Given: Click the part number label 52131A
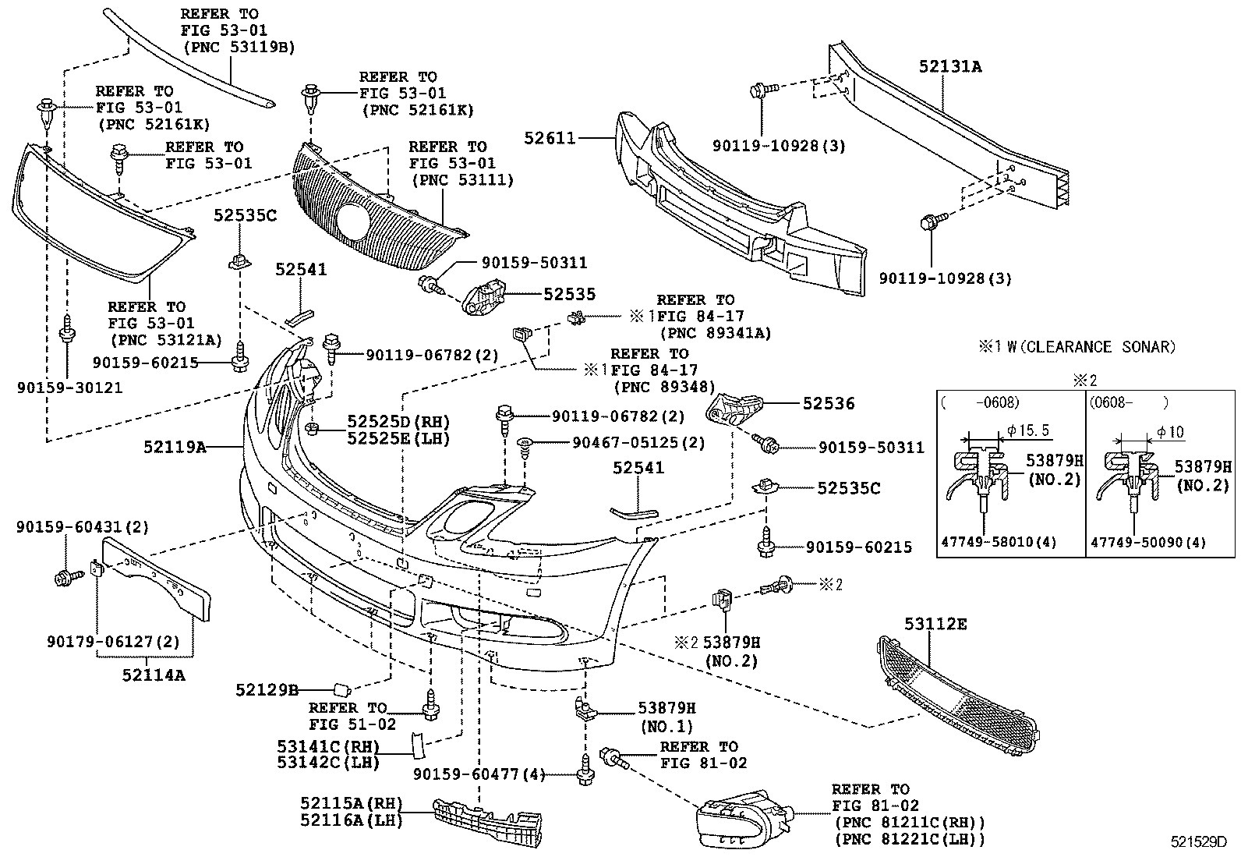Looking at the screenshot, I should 949,67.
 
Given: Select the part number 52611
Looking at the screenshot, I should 550,139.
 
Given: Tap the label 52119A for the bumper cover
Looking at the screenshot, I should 175,448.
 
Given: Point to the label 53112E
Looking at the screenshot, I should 935,624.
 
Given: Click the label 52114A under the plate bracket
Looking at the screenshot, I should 154,675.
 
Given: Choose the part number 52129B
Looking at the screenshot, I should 267,690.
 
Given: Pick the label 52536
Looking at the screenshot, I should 829,403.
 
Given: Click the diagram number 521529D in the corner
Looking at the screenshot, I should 1198,842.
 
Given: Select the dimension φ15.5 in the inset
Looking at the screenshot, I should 1027,430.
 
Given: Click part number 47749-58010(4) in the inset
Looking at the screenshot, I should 1002,542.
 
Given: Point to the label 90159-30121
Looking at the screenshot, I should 69,387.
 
